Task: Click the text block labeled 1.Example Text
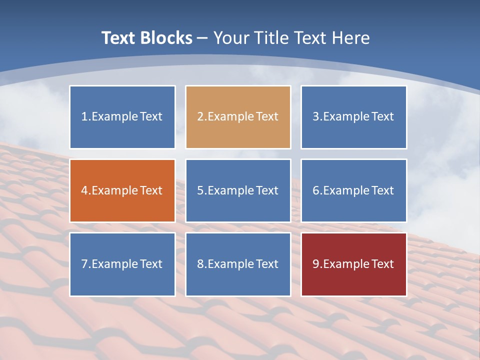tap(122, 117)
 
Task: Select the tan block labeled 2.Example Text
tap(238, 117)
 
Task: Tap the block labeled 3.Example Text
tap(353, 117)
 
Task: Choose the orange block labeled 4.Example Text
tap(122, 190)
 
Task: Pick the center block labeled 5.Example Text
tap(238, 190)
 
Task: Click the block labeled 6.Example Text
tap(353, 190)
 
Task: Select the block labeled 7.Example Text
tap(122, 264)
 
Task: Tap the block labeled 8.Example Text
tap(238, 264)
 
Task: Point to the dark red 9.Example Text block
tap(353, 264)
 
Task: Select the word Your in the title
tap(231, 38)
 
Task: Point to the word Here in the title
tap(352, 38)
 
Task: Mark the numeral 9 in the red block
tap(315, 264)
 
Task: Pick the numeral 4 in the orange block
tap(84, 190)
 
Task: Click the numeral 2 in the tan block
tap(200, 117)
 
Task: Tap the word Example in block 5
tap(230, 191)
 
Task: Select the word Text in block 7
tap(151, 264)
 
